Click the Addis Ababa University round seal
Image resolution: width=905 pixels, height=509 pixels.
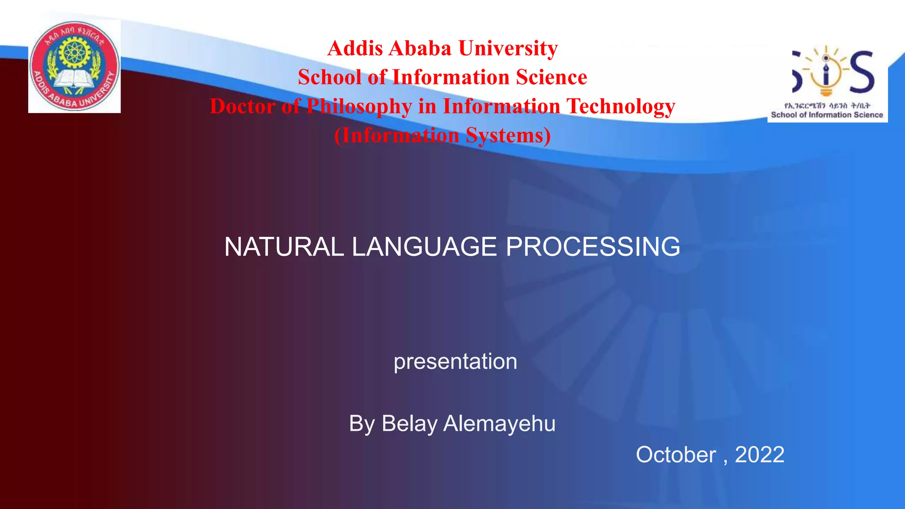pyautogui.click(x=75, y=66)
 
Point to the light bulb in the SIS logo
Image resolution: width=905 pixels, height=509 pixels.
pyautogui.click(x=826, y=71)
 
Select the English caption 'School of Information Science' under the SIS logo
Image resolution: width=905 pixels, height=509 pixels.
pyautogui.click(x=827, y=115)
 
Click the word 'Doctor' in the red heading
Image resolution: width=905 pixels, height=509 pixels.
pyautogui.click(x=243, y=106)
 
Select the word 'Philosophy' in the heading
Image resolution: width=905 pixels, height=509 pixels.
pyautogui.click(x=359, y=106)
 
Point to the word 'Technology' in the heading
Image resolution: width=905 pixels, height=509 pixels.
pyautogui.click(x=621, y=106)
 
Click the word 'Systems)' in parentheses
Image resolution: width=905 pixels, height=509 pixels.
pyautogui.click(x=508, y=135)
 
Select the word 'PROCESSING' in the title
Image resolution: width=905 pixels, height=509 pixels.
pyautogui.click(x=593, y=247)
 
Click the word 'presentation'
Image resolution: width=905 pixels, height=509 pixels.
pyautogui.click(x=455, y=361)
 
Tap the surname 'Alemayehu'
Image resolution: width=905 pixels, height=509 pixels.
pyautogui.click(x=499, y=423)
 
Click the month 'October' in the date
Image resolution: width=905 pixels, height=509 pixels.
pyautogui.click(x=676, y=455)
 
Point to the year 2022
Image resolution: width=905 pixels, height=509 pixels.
pyautogui.click(x=759, y=455)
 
